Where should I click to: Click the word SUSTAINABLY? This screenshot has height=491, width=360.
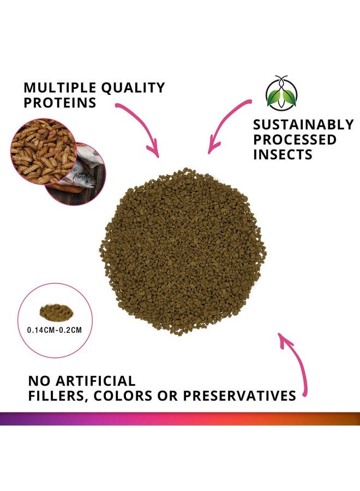(303, 125)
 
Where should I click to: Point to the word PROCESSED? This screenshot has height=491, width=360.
(295, 140)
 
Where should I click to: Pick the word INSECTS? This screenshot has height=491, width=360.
(283, 154)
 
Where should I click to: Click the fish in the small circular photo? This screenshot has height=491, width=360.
(87, 170)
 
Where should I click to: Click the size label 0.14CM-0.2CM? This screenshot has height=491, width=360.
(52, 330)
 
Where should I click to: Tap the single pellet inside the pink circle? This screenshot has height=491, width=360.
(52, 312)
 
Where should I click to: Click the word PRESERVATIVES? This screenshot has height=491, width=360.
(239, 396)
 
